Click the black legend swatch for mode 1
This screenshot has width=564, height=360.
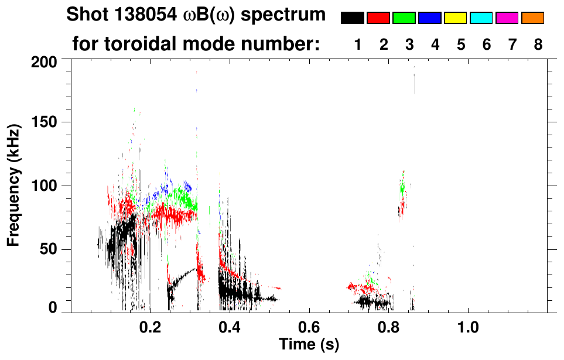(x=353, y=18)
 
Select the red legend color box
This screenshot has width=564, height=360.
(x=378, y=18)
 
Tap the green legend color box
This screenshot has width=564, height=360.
(x=404, y=18)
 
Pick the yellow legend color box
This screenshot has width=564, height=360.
(x=456, y=18)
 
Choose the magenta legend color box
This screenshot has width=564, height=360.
(x=507, y=18)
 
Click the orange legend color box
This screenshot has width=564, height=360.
(x=533, y=18)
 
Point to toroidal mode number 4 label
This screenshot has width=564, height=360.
(x=435, y=44)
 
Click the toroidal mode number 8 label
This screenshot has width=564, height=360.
(x=538, y=44)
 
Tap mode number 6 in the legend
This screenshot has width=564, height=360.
(x=486, y=44)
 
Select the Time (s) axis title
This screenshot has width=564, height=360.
(x=309, y=344)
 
